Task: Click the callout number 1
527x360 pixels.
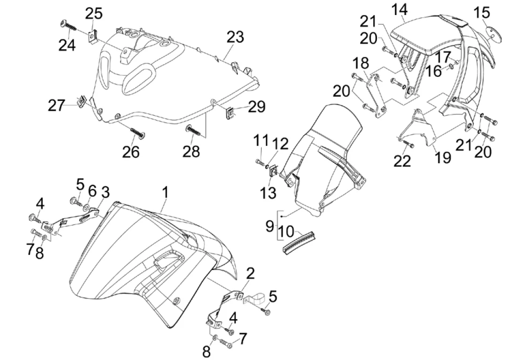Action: (165, 192)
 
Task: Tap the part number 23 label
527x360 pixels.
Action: (236, 37)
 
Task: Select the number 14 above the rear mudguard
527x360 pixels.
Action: (399, 9)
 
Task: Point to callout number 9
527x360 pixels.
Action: (269, 226)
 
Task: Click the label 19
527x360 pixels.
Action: (443, 157)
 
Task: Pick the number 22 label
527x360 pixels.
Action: (402, 160)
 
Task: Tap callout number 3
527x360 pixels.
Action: (105, 192)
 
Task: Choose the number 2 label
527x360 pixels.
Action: (250, 273)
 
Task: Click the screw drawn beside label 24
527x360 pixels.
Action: (69, 26)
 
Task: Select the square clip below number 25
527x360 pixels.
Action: (92, 36)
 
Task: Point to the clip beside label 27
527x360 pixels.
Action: (81, 100)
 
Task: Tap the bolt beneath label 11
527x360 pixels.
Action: (260, 162)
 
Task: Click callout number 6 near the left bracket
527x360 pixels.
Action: (92, 190)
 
